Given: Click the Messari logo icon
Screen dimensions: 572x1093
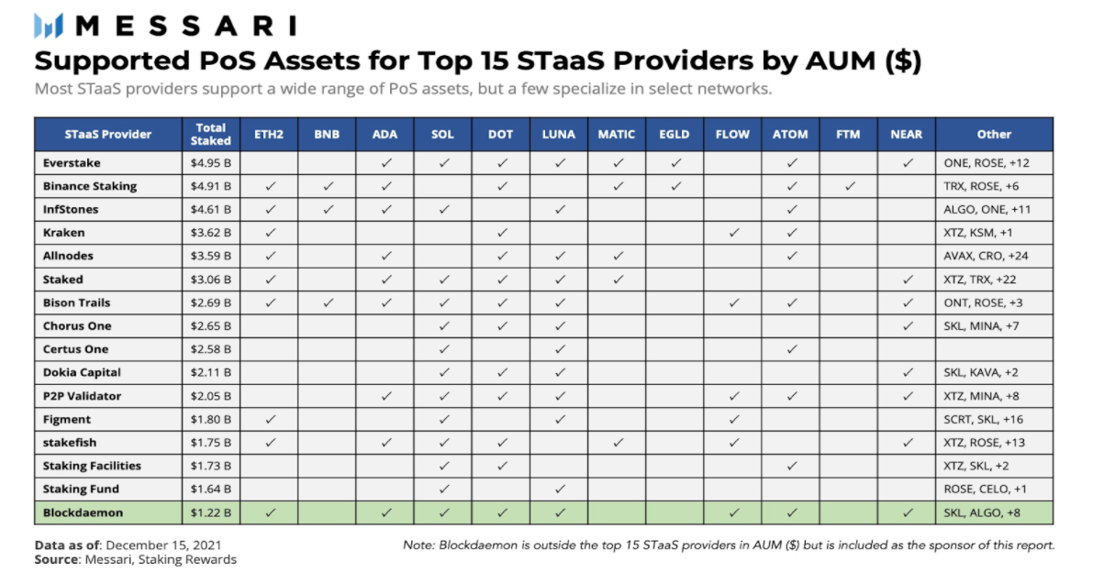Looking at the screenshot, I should point(49,26).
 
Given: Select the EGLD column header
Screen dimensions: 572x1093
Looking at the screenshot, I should point(675,134).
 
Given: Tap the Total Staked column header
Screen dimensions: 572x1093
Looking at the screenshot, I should point(210,134).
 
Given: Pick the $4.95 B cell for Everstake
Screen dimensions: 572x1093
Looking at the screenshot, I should point(210,163).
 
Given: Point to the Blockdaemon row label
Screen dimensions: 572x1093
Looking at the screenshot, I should point(83,512).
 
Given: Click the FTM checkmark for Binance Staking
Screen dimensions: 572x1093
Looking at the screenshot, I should point(849,186).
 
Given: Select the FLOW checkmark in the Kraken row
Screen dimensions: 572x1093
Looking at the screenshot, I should point(733,233).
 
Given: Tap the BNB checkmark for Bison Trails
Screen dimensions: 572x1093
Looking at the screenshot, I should point(327,302).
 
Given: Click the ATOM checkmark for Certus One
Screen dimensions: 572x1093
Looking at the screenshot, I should point(790,349).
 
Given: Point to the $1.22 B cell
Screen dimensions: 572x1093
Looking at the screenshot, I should point(210,512).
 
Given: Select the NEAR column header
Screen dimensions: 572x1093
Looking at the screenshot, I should point(906,134).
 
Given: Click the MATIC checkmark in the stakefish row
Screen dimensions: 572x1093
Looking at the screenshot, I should point(618,443).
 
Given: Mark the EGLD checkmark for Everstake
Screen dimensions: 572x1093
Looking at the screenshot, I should point(675,163).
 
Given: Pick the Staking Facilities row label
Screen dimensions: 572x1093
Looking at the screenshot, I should point(91,466).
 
